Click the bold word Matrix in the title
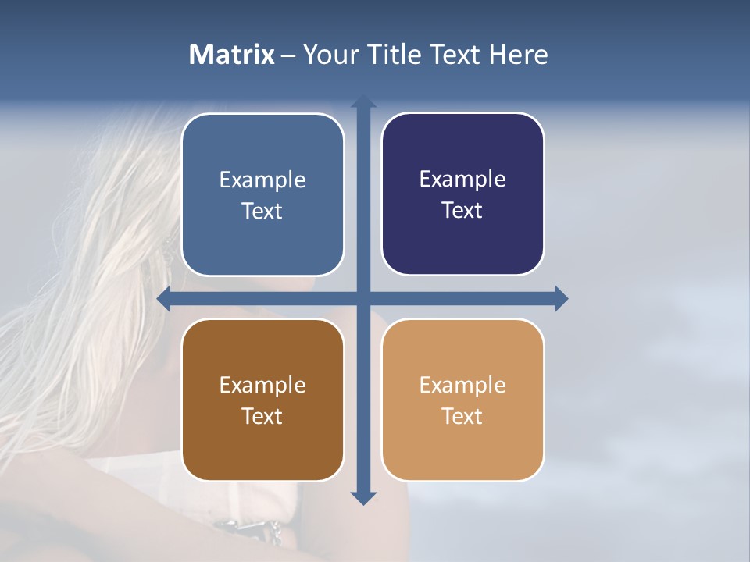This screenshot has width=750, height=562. point(232,55)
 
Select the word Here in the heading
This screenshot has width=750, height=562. point(518,55)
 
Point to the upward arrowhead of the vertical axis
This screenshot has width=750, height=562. point(363,102)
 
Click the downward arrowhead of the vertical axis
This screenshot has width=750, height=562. point(363,498)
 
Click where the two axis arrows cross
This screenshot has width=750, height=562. point(363,298)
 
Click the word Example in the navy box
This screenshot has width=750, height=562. point(462,180)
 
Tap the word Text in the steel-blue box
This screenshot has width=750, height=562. point(262,212)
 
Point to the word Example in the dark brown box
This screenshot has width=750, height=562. point(262,385)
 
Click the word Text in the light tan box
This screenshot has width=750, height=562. point(462,416)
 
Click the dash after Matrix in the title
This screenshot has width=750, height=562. point(288,55)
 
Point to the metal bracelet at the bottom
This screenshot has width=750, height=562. point(250,531)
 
